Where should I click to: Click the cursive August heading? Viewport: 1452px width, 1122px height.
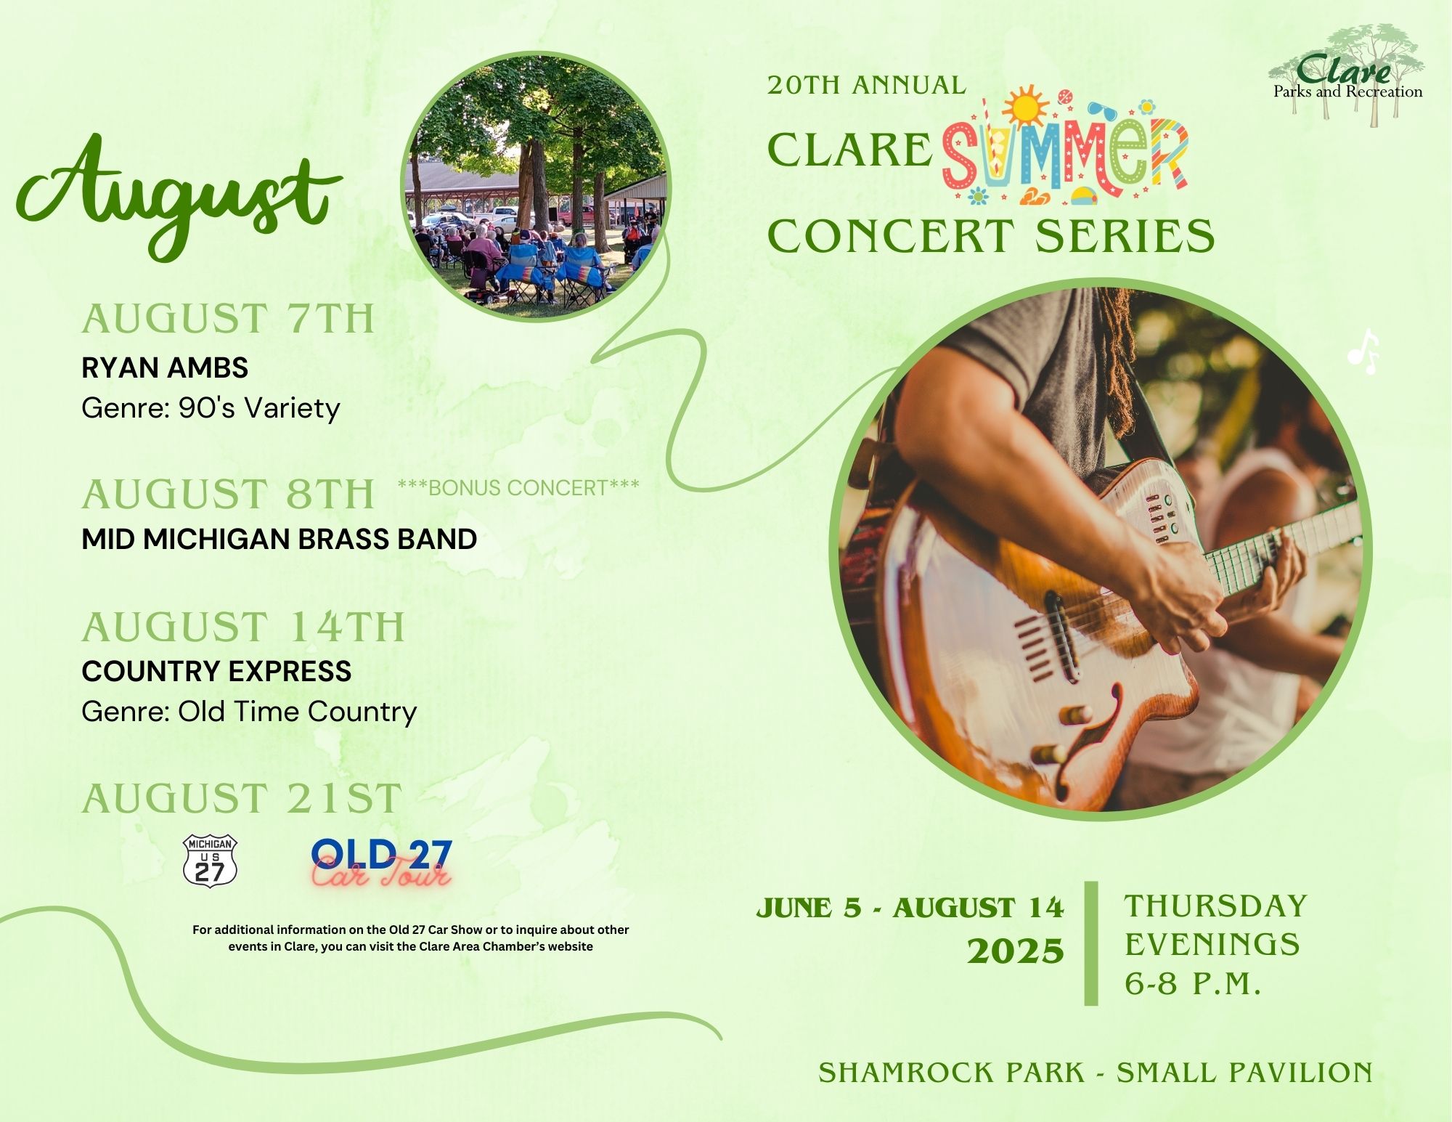pyautogui.click(x=178, y=196)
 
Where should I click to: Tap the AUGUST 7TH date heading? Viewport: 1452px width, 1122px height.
pyautogui.click(x=228, y=320)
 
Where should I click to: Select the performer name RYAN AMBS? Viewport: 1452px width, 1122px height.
pyautogui.click(x=165, y=368)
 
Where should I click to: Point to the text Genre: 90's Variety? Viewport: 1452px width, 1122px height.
pyautogui.click(x=211, y=408)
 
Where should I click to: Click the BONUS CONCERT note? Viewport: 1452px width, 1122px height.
pyautogui.click(x=518, y=487)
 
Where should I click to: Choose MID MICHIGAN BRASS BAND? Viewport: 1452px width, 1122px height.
pyautogui.click(x=280, y=539)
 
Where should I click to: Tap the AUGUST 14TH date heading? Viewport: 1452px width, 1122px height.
pyautogui.click(x=243, y=627)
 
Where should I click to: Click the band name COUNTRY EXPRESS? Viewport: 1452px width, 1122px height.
pyautogui.click(x=216, y=671)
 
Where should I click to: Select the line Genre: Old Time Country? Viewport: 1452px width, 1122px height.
pyautogui.click(x=249, y=712)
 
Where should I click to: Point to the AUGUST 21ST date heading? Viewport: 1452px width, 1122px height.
pyautogui.click(x=242, y=799)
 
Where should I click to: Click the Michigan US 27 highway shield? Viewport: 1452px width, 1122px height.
pyautogui.click(x=211, y=861)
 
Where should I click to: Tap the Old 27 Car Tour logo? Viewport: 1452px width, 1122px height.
pyautogui.click(x=382, y=862)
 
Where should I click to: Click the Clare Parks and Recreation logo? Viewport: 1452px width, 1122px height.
pyautogui.click(x=1347, y=77)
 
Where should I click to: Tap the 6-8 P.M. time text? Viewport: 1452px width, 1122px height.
pyautogui.click(x=1193, y=984)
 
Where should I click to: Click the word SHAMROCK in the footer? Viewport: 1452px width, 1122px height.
pyautogui.click(x=951, y=1073)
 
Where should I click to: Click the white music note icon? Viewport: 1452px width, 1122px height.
pyautogui.click(x=1363, y=352)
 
